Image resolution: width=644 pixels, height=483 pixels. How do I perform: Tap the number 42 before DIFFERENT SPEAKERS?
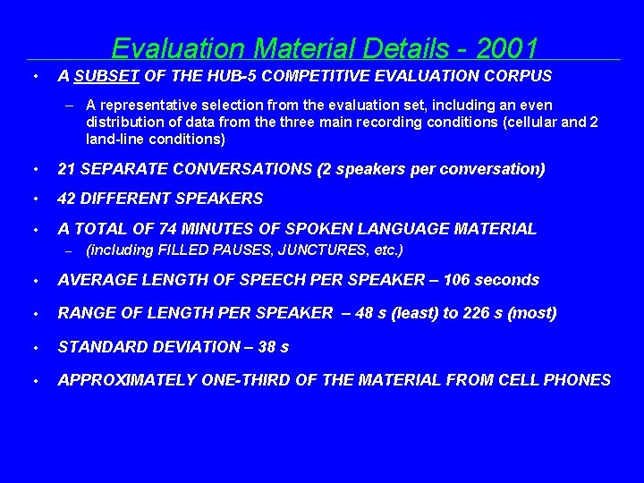pos(66,199)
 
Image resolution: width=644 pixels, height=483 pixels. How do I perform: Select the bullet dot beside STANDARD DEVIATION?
pos(33,347)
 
